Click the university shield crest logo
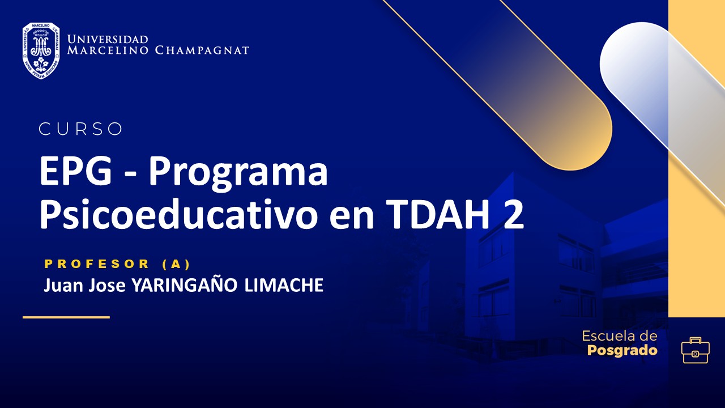click(41, 50)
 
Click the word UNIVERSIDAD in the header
click(108, 40)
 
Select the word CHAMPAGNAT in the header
click(202, 50)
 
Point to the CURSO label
click(80, 129)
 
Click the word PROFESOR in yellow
click(97, 264)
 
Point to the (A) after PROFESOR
click(176, 264)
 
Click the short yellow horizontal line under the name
click(66, 317)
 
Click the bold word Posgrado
click(622, 350)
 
